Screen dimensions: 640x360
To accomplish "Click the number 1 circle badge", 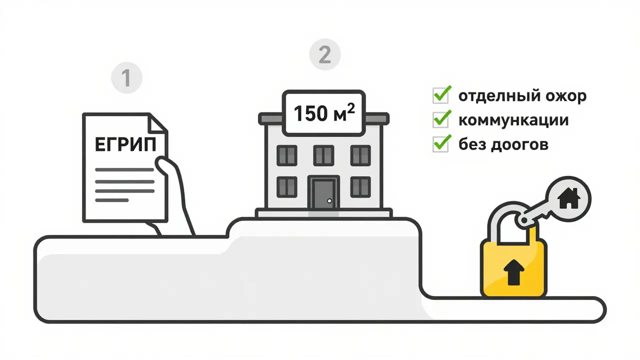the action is pos(126,78).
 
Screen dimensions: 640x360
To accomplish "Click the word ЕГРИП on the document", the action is pos(125,145).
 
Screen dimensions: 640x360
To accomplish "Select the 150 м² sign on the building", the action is pos(323,112).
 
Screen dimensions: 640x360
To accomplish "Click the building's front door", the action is pos(323,192).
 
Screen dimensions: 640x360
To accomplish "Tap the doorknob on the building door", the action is pos(329,200).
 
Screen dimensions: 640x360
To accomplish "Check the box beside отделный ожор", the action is pos(440,95).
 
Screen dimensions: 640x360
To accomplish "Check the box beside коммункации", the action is pos(440,120).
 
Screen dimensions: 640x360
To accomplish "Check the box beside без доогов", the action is pos(440,144).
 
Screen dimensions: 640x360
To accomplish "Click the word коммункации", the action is pos(513,120).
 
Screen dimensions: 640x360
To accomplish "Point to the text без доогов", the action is pos(503,144).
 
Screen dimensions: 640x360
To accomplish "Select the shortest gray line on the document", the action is pos(112,200).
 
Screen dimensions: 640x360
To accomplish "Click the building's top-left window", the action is pos(287,155).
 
